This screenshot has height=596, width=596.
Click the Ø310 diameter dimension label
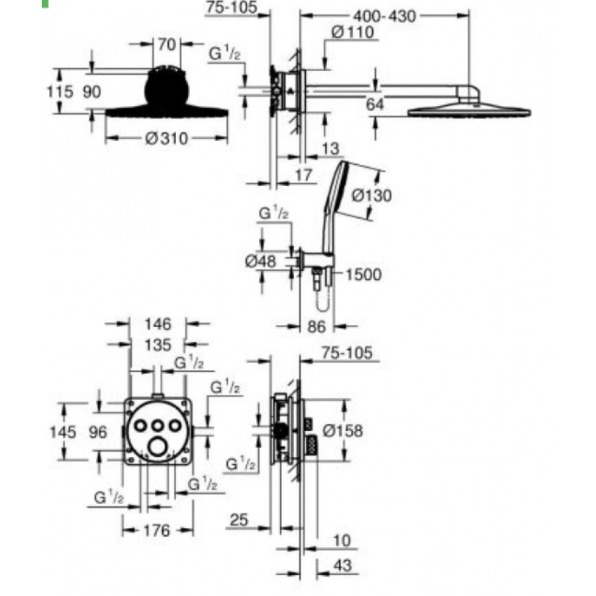pyautogui.click(x=166, y=139)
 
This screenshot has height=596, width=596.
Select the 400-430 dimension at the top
pyautogui.click(x=385, y=17)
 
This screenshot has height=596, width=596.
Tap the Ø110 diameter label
pyautogui.click(x=353, y=32)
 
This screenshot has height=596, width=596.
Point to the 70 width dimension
pyautogui.click(x=166, y=44)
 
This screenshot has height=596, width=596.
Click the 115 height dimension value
pyautogui.click(x=60, y=92)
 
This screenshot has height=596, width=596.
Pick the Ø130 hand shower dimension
pyautogui.click(x=371, y=196)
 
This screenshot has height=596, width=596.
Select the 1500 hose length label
pyautogui.click(x=364, y=274)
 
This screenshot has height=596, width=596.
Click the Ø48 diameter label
pyautogui.click(x=260, y=261)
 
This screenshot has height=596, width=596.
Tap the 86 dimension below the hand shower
pyautogui.click(x=317, y=326)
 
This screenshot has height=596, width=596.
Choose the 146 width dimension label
pyautogui.click(x=158, y=324)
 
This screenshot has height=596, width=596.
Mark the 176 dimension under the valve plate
pyautogui.click(x=157, y=530)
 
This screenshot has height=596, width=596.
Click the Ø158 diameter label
pyautogui.click(x=342, y=430)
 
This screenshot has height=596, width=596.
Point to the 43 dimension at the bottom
pyautogui.click(x=342, y=566)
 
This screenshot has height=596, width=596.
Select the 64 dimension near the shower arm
pyautogui.click(x=375, y=104)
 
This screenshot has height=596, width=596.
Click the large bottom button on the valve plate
pyautogui.click(x=158, y=447)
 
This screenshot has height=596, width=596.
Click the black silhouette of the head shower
pyautogui.click(x=166, y=91)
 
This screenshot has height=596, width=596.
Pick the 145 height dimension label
pyautogui.click(x=63, y=432)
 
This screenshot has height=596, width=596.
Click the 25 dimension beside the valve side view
pyautogui.click(x=239, y=520)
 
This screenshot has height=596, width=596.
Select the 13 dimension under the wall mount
pyautogui.click(x=330, y=148)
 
